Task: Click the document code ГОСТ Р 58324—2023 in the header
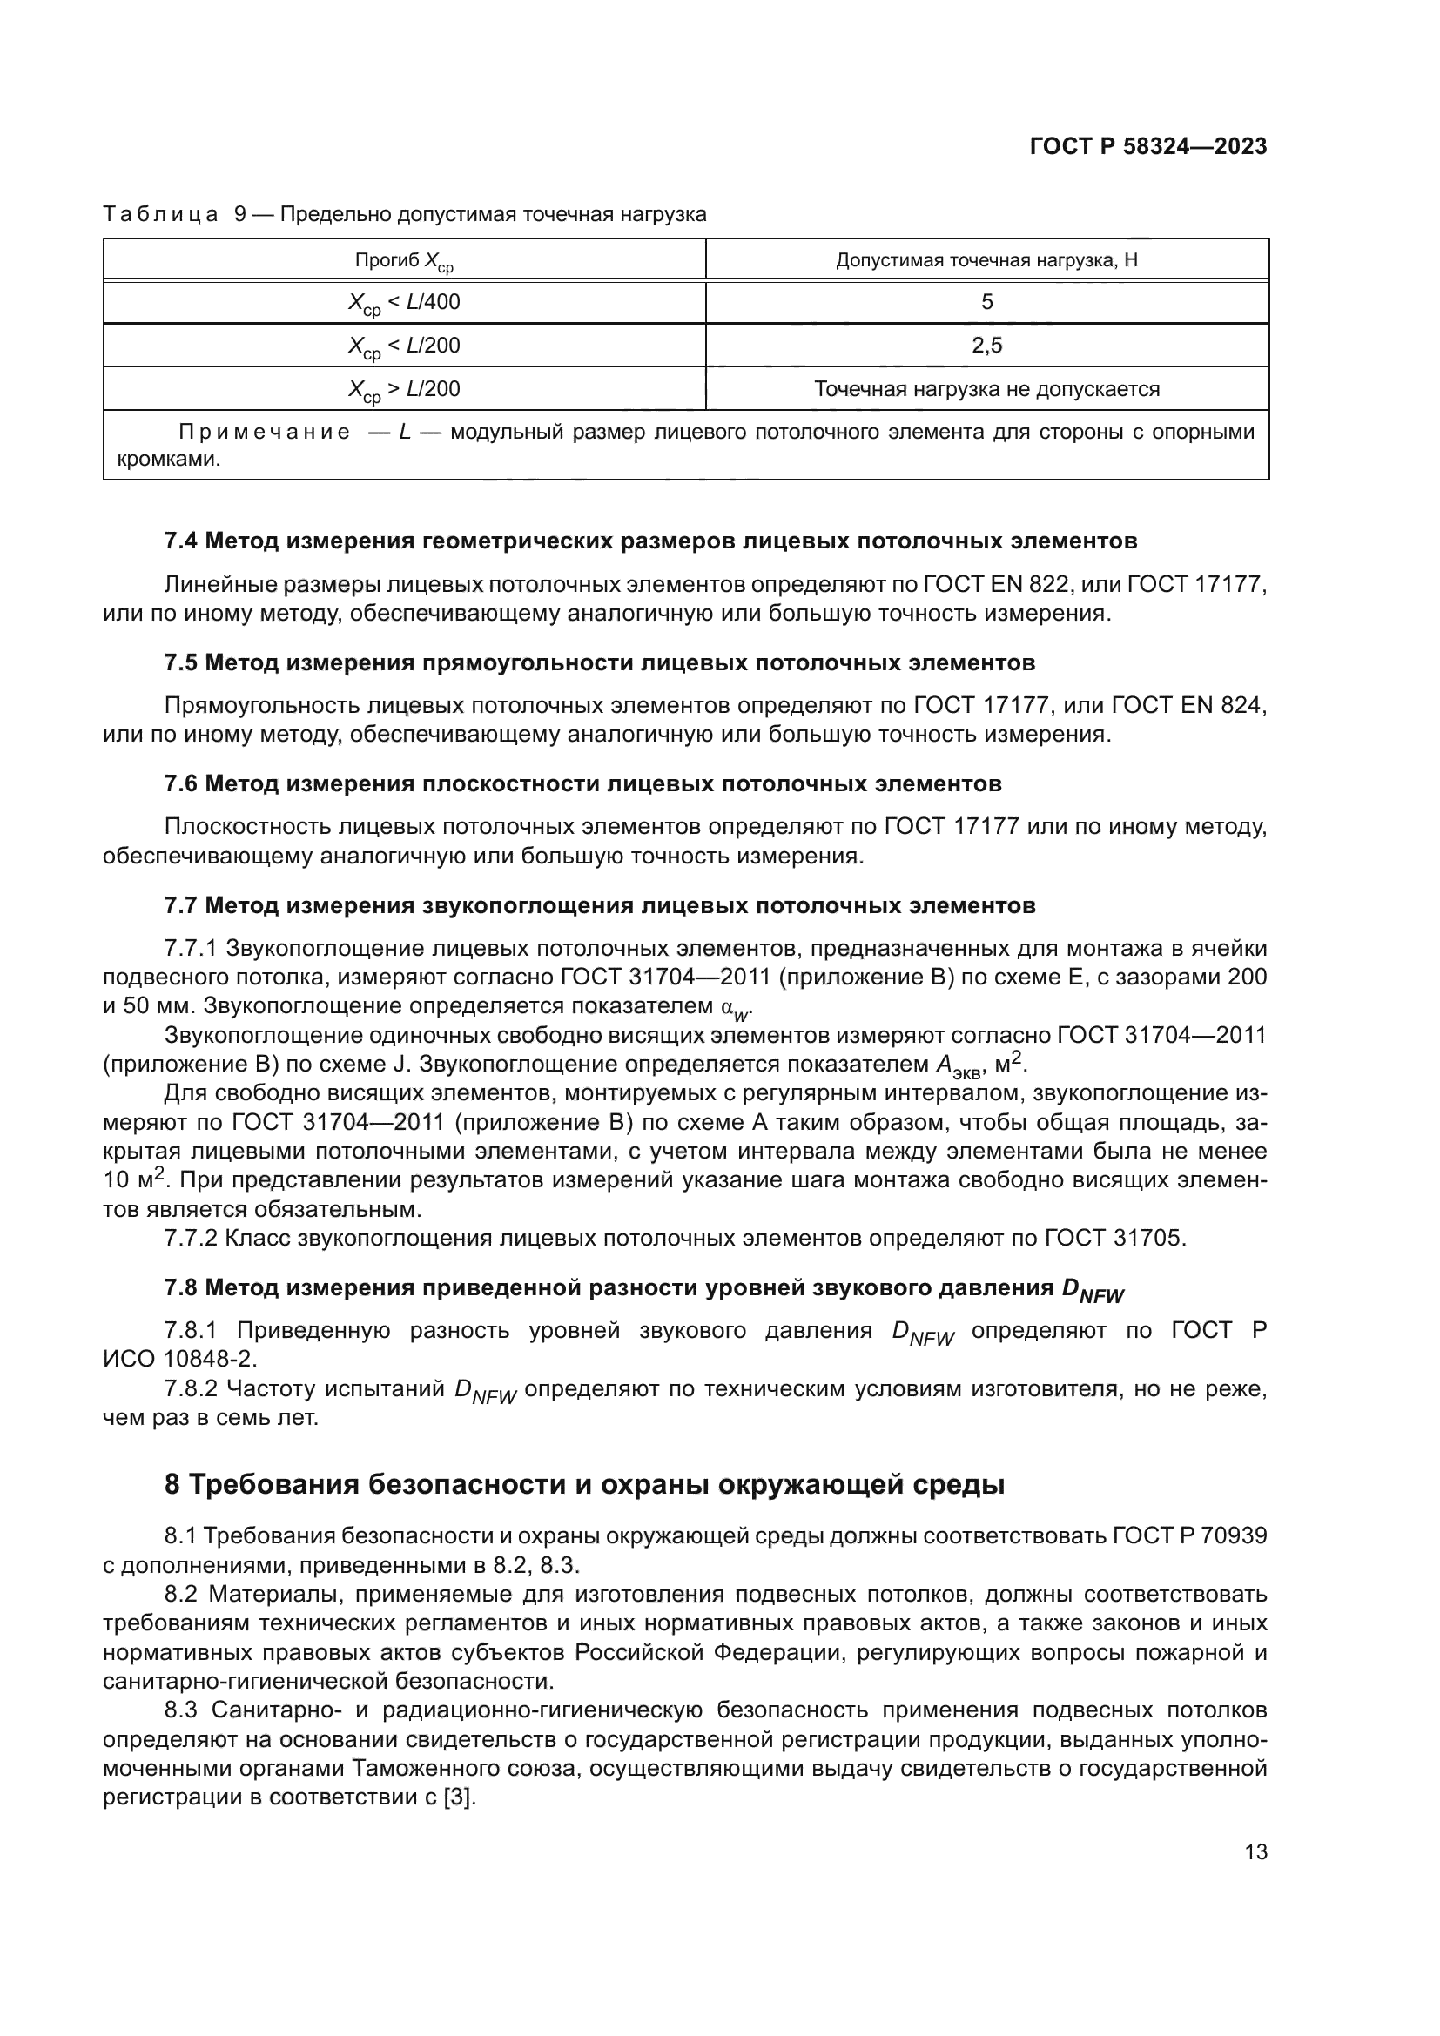tap(1148, 147)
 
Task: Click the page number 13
tap(1255, 1852)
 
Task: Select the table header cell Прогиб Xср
tap(404, 261)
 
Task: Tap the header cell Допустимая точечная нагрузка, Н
tap(986, 261)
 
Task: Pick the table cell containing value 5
tap(986, 302)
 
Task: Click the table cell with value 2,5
tap(986, 346)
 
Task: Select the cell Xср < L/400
tap(404, 303)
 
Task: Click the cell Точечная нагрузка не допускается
tap(986, 389)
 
